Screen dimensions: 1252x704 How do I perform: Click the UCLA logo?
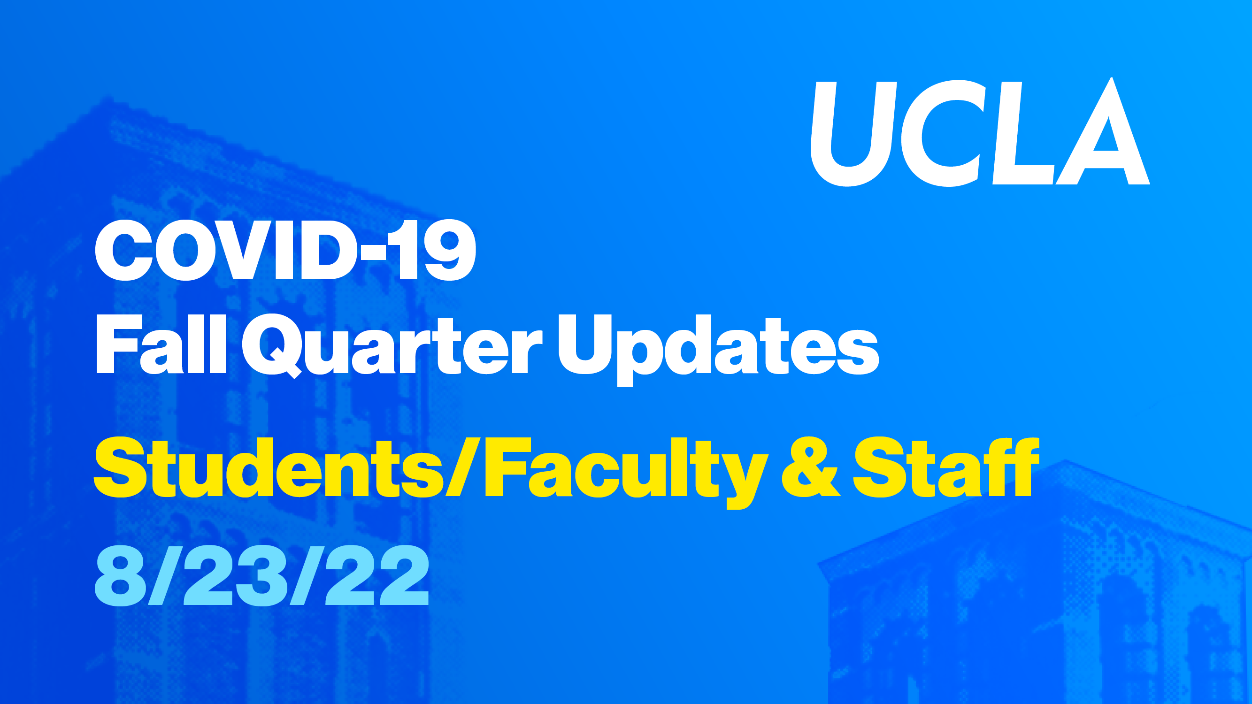click(x=980, y=132)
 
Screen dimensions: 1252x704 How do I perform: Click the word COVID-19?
click(x=285, y=250)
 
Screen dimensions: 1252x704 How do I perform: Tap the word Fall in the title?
click(x=161, y=344)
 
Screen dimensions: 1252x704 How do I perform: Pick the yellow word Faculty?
click(x=627, y=472)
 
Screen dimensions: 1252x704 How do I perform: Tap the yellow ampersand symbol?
click(x=811, y=467)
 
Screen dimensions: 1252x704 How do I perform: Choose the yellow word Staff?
click(x=946, y=467)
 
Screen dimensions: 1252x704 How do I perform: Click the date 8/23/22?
click(x=262, y=575)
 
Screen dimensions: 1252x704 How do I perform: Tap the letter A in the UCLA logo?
click(x=1103, y=131)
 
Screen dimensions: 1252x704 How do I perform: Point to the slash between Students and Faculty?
click(x=462, y=467)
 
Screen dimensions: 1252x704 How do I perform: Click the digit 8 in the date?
click(x=121, y=576)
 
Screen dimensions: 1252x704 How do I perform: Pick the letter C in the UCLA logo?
click(x=944, y=133)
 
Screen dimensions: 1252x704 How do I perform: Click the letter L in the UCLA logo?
click(x=1023, y=133)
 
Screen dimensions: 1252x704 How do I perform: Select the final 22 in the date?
click(x=376, y=575)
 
